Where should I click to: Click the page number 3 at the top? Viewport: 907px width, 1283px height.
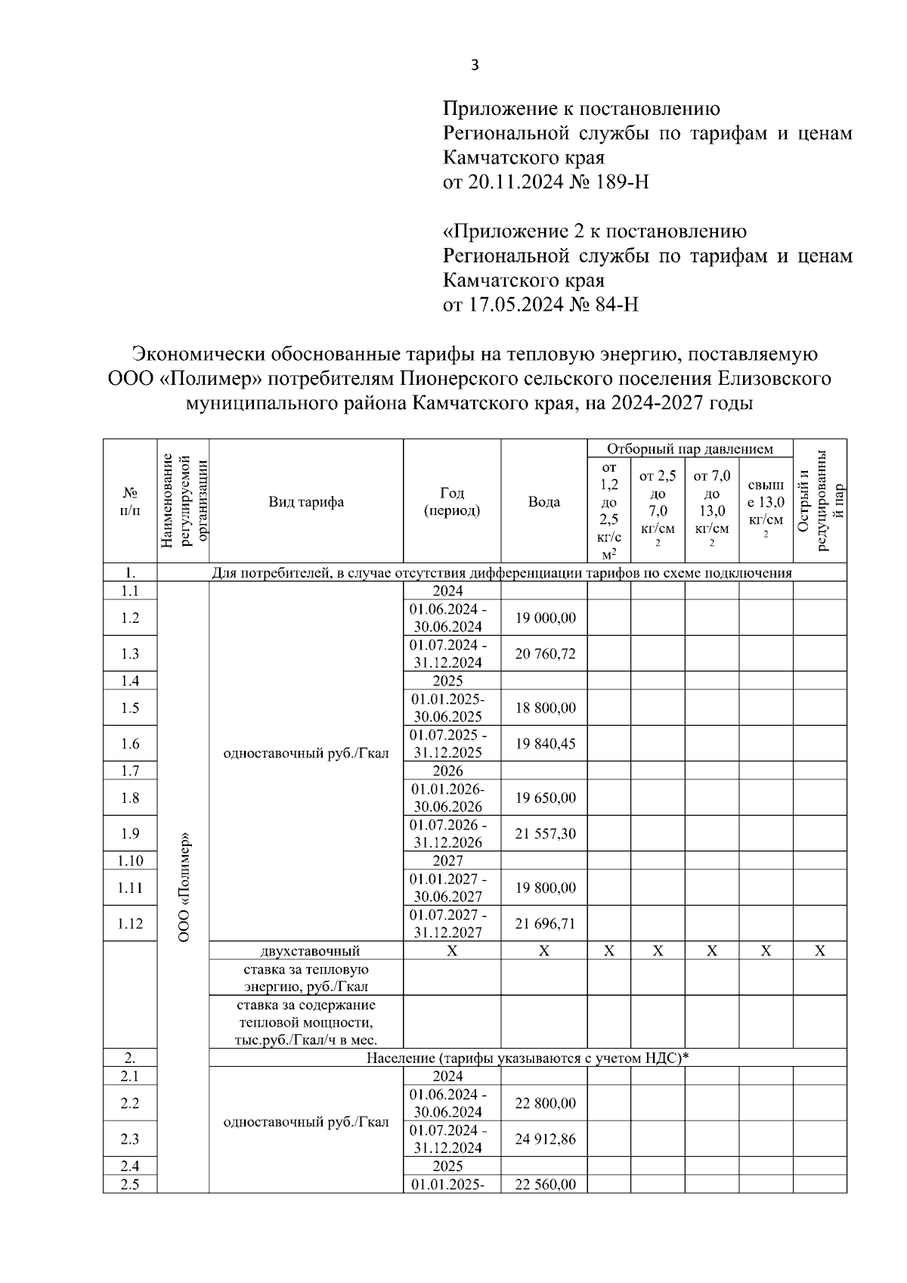point(475,66)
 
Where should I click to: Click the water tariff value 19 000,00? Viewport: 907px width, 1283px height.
point(545,618)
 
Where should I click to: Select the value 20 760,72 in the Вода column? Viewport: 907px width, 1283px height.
point(545,653)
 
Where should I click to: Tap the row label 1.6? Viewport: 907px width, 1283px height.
point(130,744)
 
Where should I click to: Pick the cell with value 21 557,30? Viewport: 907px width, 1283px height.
point(545,834)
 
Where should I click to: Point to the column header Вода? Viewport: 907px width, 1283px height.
point(544,502)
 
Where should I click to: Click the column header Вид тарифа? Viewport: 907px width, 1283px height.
point(305,502)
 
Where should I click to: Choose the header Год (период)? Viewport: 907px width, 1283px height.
point(451,502)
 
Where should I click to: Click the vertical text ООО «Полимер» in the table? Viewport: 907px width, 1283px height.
point(183,886)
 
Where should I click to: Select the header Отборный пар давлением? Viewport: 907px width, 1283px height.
point(689,449)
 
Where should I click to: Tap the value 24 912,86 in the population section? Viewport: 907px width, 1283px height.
point(545,1139)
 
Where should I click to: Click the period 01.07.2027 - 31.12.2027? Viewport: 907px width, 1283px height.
point(447,924)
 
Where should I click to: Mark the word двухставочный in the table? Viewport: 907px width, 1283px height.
point(305,951)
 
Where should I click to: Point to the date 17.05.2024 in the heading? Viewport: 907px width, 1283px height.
point(513,305)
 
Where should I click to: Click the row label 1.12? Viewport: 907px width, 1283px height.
point(130,924)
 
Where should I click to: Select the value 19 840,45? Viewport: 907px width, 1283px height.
point(545,744)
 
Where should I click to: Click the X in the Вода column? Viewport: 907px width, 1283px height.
point(544,951)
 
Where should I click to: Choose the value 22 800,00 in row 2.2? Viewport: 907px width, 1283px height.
point(545,1103)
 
